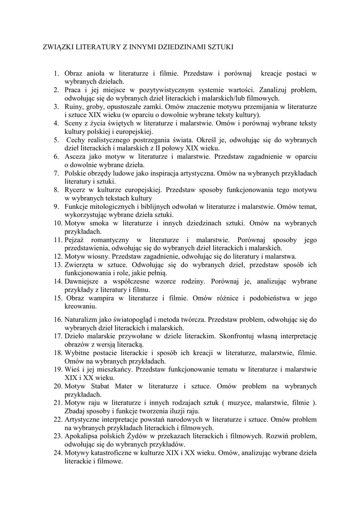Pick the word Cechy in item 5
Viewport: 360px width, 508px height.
click(78, 140)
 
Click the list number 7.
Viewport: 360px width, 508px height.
click(57, 173)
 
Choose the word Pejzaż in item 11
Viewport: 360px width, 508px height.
click(76, 240)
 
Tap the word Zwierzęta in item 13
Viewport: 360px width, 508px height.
click(80, 265)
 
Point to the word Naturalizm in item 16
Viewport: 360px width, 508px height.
click(83, 320)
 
